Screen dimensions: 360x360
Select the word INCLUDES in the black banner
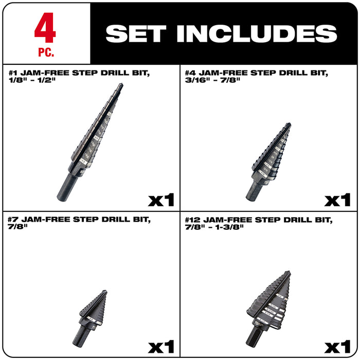point(257,33)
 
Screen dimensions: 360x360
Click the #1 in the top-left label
point(13,74)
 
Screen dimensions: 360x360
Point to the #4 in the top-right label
point(191,74)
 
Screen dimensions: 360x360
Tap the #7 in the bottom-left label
point(13,220)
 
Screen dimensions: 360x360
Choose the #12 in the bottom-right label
point(193,220)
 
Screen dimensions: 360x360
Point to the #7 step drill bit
point(91,314)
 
